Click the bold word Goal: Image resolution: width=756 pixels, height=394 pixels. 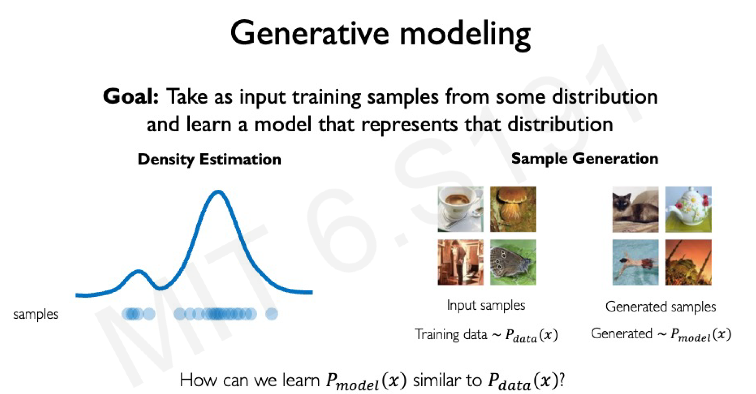131,96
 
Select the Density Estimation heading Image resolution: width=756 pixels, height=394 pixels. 209,159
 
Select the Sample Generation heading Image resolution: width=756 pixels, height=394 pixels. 584,159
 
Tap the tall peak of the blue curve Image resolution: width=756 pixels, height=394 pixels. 218,192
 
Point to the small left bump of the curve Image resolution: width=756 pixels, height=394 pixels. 138,273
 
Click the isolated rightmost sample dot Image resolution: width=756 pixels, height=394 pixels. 271,314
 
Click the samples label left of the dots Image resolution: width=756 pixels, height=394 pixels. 36,314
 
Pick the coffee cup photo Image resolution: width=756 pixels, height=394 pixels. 460,209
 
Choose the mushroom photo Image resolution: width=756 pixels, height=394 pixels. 513,209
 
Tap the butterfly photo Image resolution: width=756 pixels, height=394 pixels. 513,262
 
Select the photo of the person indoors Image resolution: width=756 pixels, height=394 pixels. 460,262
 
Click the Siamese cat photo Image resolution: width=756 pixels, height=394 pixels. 635,209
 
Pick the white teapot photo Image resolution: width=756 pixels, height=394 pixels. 688,209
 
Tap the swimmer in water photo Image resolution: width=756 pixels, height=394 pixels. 635,262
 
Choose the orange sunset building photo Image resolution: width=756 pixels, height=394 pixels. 688,262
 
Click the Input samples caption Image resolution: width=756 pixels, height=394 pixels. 486,305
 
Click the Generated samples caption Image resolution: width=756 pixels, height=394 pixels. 660,306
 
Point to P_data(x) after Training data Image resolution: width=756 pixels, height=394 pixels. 531,335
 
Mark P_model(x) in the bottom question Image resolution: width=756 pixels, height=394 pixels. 366,381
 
